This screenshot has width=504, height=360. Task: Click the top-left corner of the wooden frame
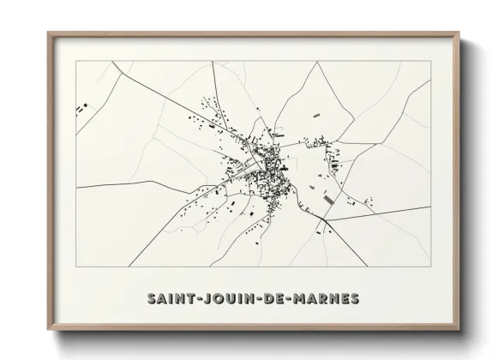point(48,33)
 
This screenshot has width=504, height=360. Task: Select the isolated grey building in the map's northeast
point(315,112)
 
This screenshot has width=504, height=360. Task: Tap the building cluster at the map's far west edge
point(83,108)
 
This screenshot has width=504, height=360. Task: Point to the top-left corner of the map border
point(76,62)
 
